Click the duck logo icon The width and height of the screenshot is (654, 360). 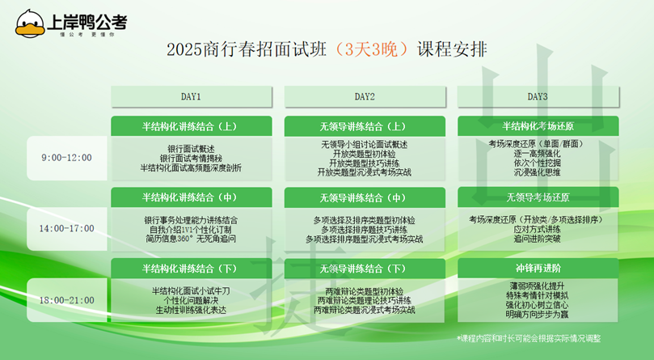pos(30,23)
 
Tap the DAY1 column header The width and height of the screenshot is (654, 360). pos(191,96)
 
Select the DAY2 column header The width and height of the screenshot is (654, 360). pos(365,96)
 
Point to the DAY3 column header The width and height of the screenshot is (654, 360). pos(538,96)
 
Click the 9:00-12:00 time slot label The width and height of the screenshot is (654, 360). pos(67,158)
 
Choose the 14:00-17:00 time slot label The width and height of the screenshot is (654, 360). pos(67,228)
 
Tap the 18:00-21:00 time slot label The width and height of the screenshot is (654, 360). pos(67,300)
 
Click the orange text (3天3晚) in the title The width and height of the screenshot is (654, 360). pos(371,49)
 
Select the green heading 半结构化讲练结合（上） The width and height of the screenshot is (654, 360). pos(190,126)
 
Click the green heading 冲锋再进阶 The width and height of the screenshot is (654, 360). pos(538,268)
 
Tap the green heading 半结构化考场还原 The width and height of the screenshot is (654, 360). pos(538,126)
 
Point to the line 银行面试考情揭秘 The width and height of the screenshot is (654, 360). pos(191,159)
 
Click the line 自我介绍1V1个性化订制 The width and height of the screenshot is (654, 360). pos(190,230)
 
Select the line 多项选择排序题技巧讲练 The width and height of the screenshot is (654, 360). pos(364,230)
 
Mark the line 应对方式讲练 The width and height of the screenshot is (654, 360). pos(538,229)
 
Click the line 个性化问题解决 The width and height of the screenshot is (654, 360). pos(191,301)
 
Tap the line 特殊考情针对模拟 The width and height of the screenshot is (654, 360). pos(538,295)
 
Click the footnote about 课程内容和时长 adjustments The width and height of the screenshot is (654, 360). pos(529,338)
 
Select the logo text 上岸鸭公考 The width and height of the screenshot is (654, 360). pos(87,22)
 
